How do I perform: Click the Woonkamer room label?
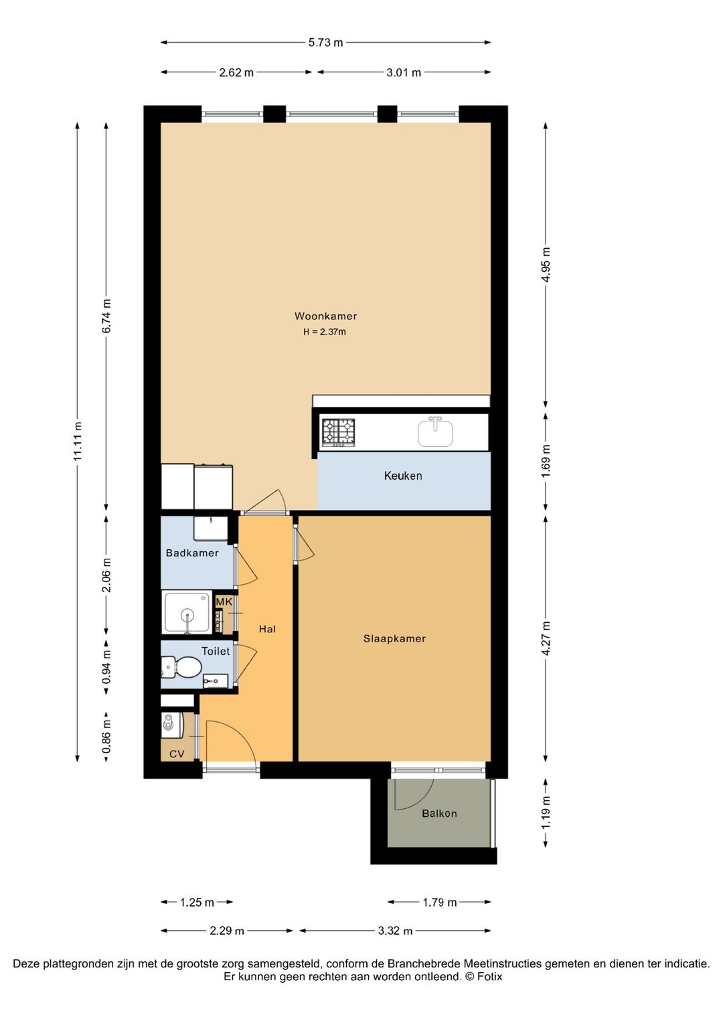(325, 316)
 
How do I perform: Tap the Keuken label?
(403, 476)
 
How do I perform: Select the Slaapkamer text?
(394, 638)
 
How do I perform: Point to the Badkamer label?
(192, 553)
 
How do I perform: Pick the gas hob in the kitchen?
(339, 432)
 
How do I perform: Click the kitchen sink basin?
(436, 433)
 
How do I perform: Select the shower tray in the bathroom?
(187, 612)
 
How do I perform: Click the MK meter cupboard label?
(224, 601)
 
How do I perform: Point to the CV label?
(177, 754)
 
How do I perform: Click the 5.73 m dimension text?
(326, 43)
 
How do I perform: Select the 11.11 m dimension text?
(78, 441)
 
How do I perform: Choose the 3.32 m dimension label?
(395, 931)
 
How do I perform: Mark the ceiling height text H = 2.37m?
(325, 333)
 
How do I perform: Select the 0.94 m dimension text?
(106, 667)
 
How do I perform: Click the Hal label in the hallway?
(267, 630)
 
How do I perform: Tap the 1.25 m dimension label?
(197, 902)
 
